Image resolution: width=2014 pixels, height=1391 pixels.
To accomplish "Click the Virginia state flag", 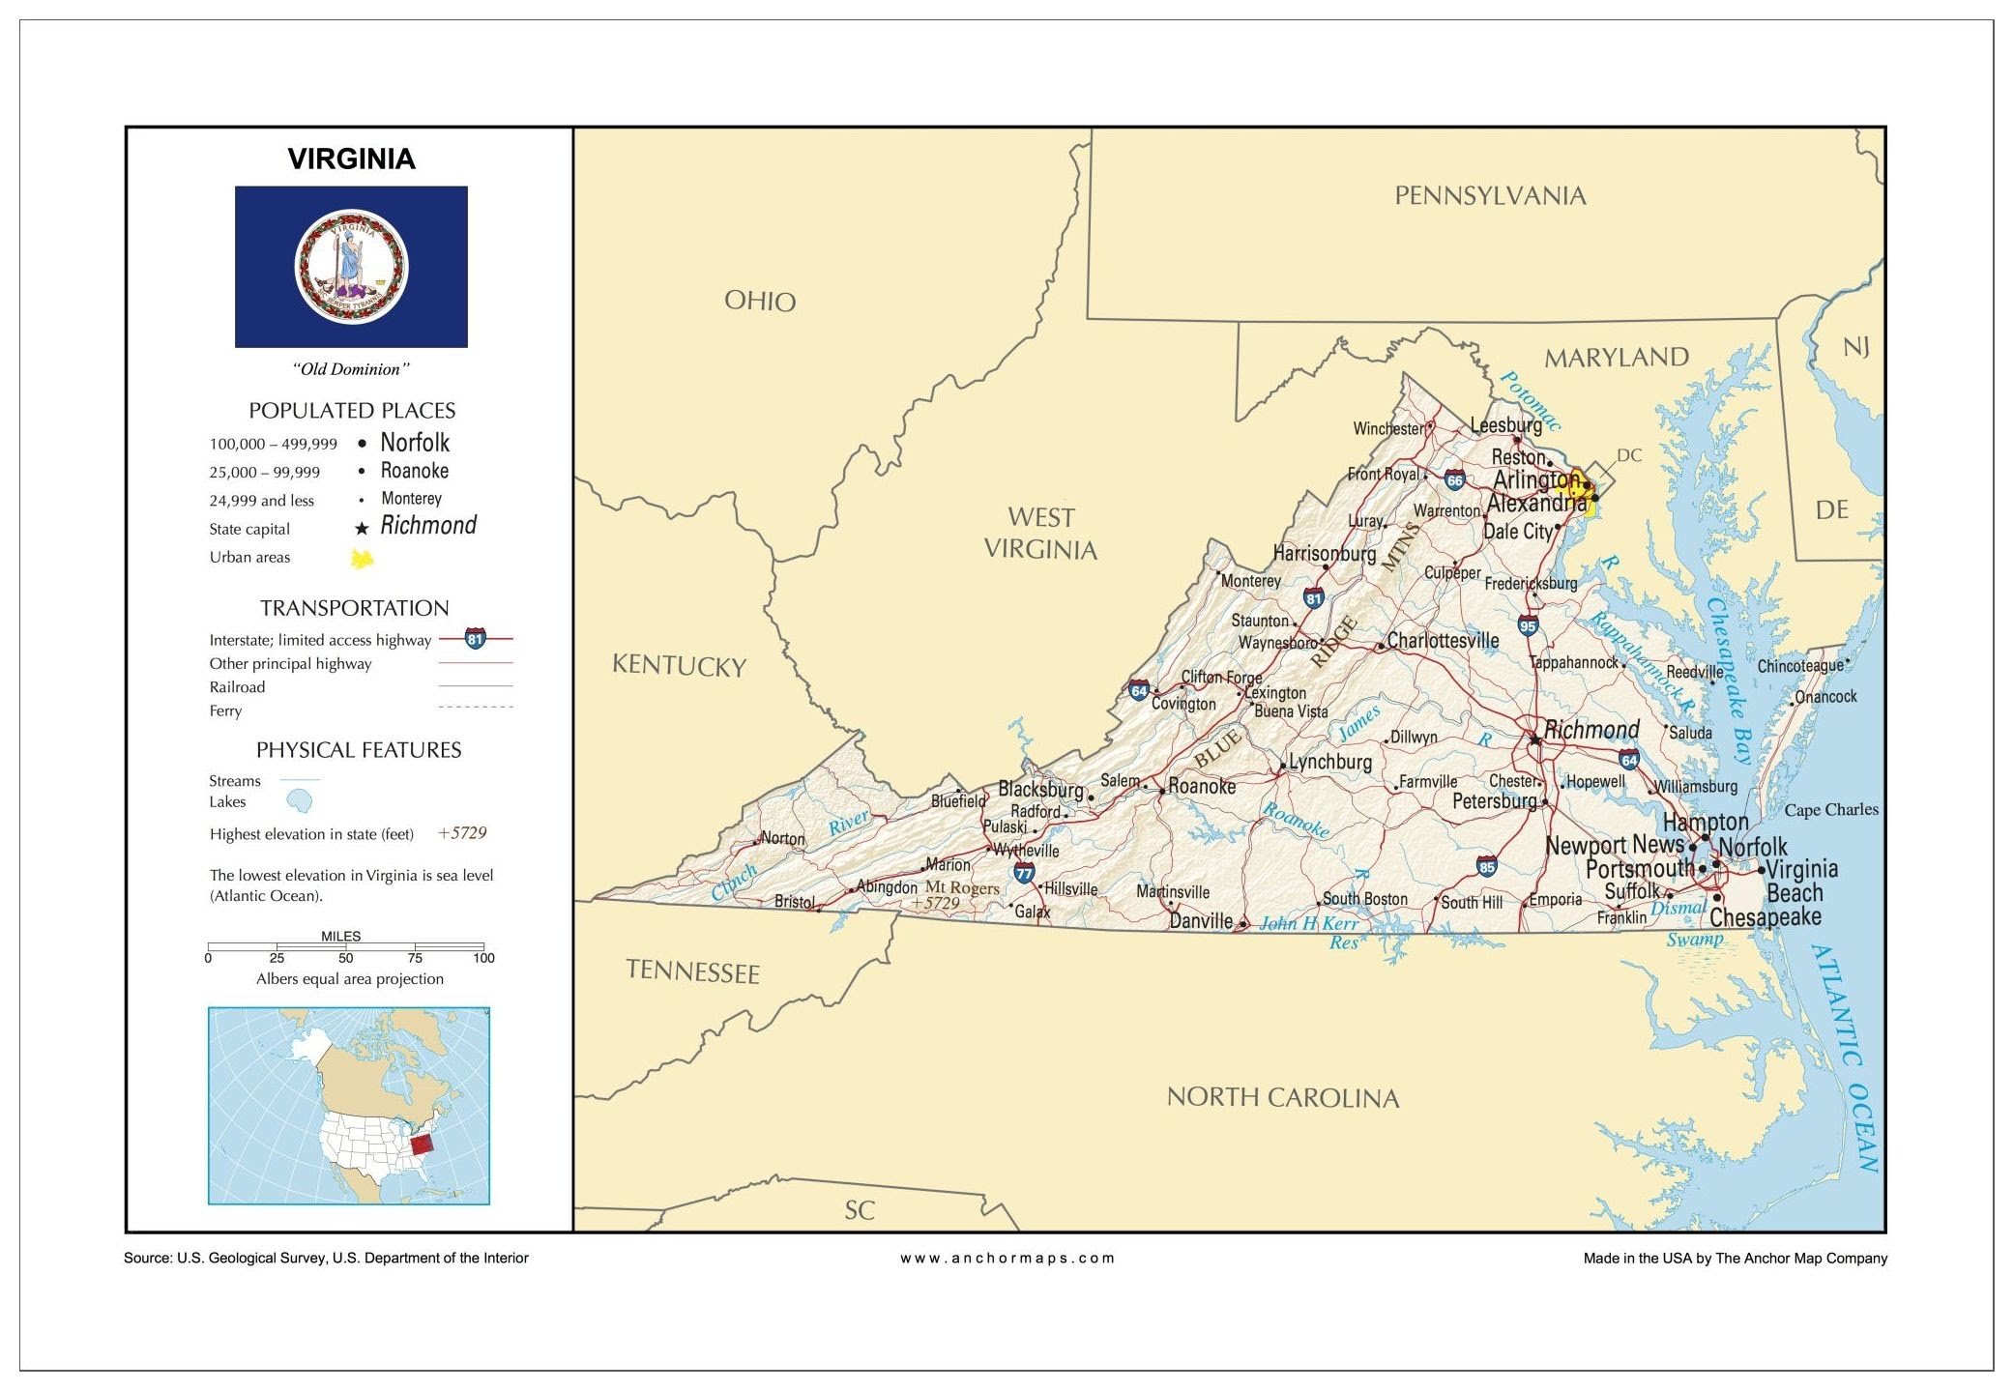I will tap(351, 267).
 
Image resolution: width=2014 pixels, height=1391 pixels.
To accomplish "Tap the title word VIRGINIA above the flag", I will tap(351, 159).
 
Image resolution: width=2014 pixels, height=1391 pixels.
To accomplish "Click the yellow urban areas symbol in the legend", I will tap(362, 558).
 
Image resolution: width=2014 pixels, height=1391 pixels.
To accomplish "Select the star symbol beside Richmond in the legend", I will tap(362, 529).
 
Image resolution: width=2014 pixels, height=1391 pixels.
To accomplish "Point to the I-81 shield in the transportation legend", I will tap(475, 639).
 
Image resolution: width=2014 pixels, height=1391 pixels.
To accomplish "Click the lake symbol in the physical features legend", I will tap(300, 801).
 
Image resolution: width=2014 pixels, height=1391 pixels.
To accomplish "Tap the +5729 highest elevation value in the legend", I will tap(462, 833).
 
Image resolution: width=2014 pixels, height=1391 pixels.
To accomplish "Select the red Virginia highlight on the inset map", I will tap(422, 1145).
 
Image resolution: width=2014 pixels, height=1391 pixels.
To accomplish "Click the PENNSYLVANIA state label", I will tap(1490, 196).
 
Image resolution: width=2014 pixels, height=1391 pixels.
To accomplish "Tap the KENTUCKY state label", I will tap(679, 666).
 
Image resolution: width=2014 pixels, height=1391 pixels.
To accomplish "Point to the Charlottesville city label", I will tap(1443, 641).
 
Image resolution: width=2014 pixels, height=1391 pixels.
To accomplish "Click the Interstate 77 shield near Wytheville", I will tap(1024, 873).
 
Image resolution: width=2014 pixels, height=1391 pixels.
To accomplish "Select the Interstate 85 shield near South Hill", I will tap(1487, 866).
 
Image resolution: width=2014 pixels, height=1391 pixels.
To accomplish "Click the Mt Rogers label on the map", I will tap(962, 887).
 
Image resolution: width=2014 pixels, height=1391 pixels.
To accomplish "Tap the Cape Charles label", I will tap(1831, 810).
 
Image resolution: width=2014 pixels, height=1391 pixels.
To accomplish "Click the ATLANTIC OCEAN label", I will tap(1847, 1058).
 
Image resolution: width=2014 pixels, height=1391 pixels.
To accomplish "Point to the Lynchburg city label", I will tap(1329, 762).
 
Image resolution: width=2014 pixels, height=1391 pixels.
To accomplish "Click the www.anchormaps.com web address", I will tap(1007, 1258).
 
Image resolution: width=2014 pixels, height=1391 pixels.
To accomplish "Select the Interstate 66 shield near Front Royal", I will tap(1455, 479).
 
